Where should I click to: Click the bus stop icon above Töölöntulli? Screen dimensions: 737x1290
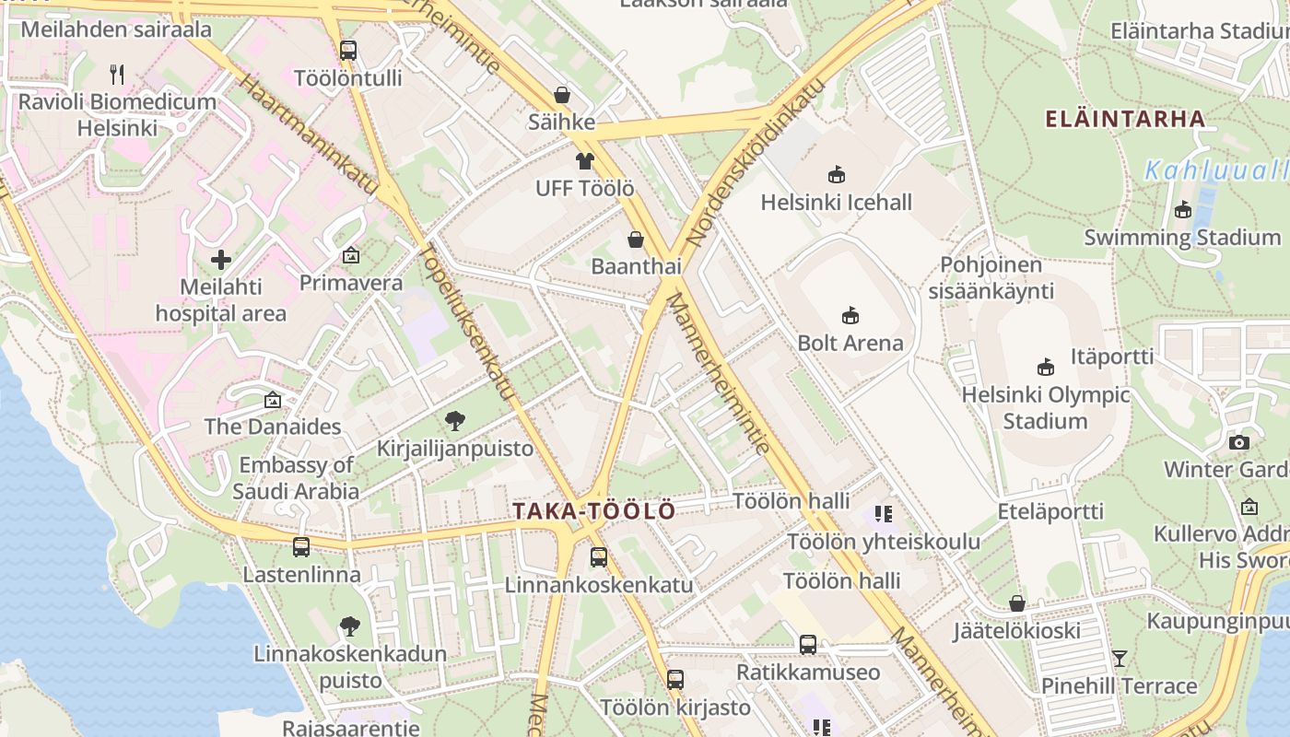pos(348,51)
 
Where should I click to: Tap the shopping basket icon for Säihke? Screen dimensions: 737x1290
pos(561,95)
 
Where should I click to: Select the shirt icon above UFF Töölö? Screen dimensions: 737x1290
pos(585,161)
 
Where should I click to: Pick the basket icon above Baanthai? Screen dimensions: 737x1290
pos(636,240)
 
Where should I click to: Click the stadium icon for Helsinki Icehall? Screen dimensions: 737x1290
pos(837,174)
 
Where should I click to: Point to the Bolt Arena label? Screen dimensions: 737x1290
pos(850,343)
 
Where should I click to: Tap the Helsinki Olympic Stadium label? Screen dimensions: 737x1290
pos(1045,407)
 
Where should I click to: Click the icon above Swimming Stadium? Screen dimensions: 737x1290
pos(1183,210)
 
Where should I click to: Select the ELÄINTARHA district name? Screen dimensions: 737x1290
pos(1124,118)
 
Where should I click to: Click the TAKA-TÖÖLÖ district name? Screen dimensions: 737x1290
pos(593,510)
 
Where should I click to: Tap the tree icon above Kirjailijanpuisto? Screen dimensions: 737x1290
pos(454,422)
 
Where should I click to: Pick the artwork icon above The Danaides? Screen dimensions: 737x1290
pos(272,400)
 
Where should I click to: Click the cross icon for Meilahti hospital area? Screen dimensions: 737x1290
pos(221,259)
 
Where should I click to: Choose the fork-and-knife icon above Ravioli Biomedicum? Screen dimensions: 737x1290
pos(117,75)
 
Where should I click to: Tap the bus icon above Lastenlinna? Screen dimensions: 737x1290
pos(301,547)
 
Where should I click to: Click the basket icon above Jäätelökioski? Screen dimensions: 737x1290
pos(1017,604)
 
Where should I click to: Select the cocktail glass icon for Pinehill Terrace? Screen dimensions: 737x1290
pos(1120,659)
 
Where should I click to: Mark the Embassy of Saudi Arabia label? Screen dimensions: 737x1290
pos(295,478)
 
